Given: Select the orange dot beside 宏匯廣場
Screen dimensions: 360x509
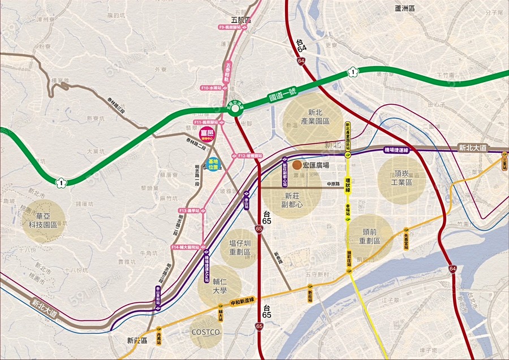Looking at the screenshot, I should click(x=297, y=165).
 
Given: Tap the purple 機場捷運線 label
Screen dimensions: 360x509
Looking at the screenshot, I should click(x=400, y=149).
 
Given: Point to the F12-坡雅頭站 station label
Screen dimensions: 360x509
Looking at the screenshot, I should click(x=250, y=155).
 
